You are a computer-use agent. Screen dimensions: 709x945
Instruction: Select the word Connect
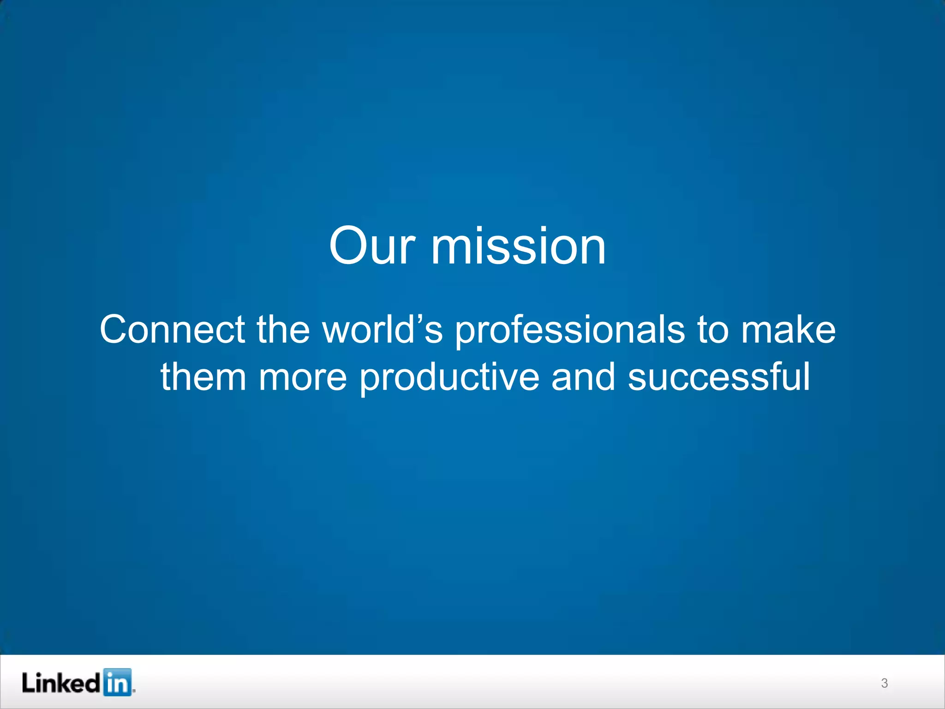point(172,330)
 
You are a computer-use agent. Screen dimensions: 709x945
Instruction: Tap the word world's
point(382,330)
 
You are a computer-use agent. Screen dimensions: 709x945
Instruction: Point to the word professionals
point(570,330)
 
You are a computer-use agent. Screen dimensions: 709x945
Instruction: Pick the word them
point(203,377)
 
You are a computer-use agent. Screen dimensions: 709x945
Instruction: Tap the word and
point(583,377)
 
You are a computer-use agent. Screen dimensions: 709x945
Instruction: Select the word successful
point(718,377)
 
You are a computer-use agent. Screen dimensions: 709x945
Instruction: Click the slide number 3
point(884,683)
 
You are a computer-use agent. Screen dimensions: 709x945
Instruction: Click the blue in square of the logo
point(117,682)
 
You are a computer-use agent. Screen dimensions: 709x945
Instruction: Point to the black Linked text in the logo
point(60,683)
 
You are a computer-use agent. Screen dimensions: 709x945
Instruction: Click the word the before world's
point(283,330)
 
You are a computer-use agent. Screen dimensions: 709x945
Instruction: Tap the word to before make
point(713,330)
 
